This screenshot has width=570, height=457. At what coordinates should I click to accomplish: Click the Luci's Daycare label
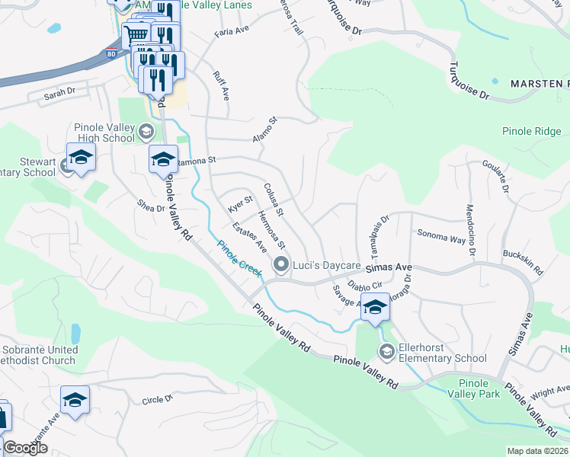(327, 265)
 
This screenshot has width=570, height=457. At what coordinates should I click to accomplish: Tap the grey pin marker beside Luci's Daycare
(281, 265)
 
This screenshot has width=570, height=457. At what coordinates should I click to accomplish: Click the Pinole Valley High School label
(104, 133)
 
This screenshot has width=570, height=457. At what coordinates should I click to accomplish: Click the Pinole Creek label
(239, 258)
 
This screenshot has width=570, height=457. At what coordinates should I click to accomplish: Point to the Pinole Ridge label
(531, 132)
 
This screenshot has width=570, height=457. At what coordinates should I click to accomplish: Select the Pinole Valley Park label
(480, 388)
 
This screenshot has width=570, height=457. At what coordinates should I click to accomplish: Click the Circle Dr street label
(158, 399)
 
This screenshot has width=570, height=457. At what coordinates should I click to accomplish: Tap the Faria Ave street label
(232, 31)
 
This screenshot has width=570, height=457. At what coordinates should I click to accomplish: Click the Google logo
(25, 448)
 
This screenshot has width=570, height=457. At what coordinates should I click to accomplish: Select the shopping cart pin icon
(136, 34)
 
